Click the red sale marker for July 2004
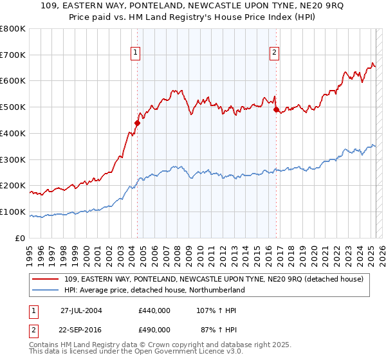[x=137, y=123]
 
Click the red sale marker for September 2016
[x=276, y=110]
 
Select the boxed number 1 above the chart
[x=136, y=53]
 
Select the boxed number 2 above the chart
[x=275, y=53]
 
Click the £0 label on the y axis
[x=21, y=238]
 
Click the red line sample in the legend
[x=46, y=279]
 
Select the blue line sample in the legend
[x=46, y=290]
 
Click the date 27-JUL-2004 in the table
[x=81, y=310]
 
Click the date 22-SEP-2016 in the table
[x=82, y=329]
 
